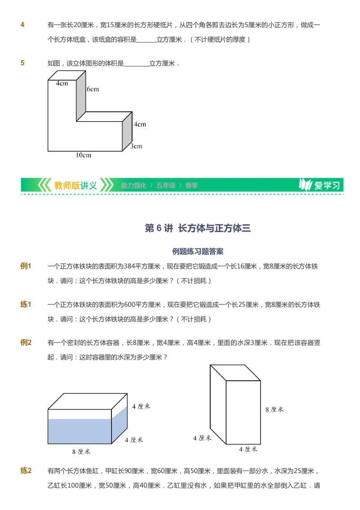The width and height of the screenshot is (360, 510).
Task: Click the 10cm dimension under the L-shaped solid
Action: tap(83, 155)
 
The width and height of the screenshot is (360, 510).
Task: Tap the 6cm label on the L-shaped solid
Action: tap(93, 89)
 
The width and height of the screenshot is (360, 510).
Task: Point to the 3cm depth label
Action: tap(136, 146)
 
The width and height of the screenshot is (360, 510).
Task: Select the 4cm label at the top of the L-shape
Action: tap(62, 83)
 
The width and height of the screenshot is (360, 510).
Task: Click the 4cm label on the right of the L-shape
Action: tap(140, 124)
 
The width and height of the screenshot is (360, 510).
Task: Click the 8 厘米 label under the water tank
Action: tap(81, 451)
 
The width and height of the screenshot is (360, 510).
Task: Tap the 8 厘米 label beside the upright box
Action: tap(274, 409)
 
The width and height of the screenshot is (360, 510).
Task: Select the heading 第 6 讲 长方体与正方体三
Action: tap(198, 228)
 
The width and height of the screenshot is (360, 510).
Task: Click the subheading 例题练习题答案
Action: tap(198, 251)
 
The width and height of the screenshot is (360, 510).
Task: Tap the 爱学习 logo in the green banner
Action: tap(320, 185)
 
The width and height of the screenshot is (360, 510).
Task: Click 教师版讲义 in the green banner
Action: tap(75, 185)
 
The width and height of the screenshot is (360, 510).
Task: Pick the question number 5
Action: tap(22, 63)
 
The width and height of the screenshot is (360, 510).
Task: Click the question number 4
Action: tap(22, 24)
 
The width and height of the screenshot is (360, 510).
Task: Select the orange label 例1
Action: tap(26, 266)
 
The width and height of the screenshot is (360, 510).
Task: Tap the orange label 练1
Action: tap(26, 305)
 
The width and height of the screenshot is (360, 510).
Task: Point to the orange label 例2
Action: tap(26, 343)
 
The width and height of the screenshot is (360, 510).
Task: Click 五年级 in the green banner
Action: tap(166, 185)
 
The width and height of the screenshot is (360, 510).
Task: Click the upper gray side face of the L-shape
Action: tap(81, 97)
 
